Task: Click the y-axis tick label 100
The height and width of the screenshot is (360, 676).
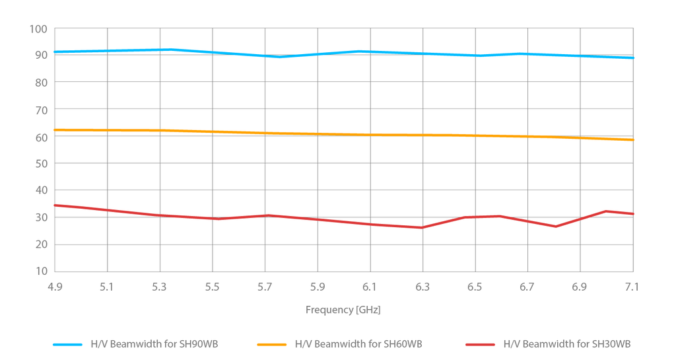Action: tap(38, 28)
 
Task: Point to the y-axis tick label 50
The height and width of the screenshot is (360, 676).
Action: tap(41, 163)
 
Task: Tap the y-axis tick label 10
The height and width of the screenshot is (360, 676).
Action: tap(41, 271)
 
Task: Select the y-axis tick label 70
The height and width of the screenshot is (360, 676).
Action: tap(41, 109)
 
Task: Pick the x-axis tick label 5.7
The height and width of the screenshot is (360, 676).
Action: tap(265, 287)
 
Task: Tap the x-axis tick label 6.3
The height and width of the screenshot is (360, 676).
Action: tap(422, 287)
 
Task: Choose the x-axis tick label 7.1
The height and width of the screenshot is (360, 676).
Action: tap(633, 287)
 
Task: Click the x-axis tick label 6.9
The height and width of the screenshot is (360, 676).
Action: tap(580, 287)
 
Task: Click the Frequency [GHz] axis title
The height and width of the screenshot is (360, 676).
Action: tap(343, 310)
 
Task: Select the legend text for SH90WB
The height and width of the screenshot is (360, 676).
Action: tap(154, 344)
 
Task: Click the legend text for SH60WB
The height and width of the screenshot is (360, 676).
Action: tap(358, 344)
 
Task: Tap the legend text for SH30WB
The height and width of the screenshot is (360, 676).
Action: tap(567, 344)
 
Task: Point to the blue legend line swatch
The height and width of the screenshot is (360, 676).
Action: tap(68, 345)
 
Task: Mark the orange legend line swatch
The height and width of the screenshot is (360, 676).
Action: tap(272, 345)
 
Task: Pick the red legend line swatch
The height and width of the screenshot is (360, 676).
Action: tap(480, 345)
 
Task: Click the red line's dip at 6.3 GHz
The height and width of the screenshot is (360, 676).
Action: tap(422, 228)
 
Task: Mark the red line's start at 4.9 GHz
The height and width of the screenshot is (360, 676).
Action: tap(55, 205)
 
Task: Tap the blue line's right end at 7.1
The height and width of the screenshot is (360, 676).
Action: tap(632, 58)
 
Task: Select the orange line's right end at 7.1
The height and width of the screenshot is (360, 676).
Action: tap(632, 139)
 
